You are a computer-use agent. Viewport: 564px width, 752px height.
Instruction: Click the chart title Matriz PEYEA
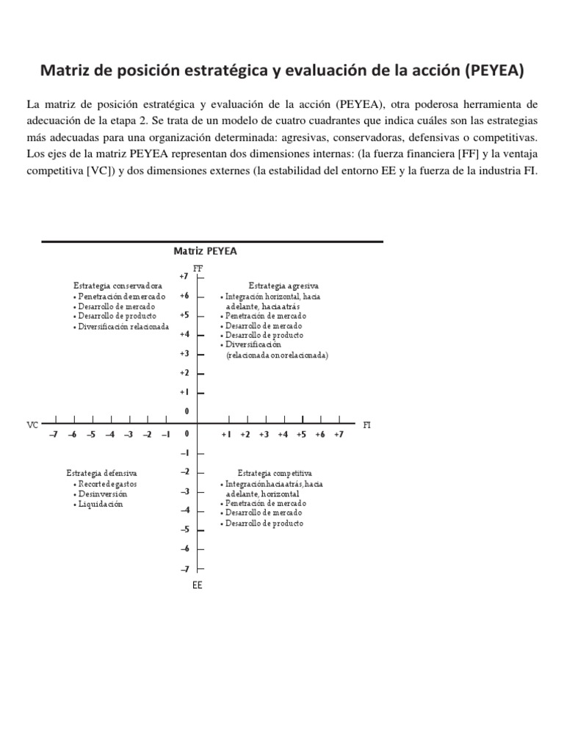(205, 251)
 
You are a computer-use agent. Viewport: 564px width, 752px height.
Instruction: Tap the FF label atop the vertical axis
(197, 269)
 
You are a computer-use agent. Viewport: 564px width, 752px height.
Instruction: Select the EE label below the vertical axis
(197, 585)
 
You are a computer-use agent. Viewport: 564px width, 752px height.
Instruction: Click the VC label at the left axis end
(32, 425)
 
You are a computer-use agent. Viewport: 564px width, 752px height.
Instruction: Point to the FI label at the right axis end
(367, 425)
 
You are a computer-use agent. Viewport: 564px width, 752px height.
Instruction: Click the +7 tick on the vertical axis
(184, 276)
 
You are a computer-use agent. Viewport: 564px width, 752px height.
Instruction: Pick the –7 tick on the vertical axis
(184, 568)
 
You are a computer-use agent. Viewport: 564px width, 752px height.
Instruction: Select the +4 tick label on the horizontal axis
(283, 435)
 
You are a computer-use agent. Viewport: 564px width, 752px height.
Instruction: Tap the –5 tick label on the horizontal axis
(91, 435)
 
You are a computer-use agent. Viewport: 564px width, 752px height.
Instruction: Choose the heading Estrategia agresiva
(283, 285)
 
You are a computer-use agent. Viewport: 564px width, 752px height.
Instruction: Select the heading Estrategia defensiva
(101, 473)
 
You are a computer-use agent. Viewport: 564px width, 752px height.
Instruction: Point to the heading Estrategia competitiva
(275, 473)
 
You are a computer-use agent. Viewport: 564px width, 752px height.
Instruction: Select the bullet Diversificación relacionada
(123, 326)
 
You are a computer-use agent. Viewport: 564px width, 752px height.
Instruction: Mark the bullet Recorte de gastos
(108, 484)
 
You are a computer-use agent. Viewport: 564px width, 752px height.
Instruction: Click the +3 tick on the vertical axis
(184, 353)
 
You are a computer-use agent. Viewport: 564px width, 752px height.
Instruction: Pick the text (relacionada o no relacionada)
(277, 355)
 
